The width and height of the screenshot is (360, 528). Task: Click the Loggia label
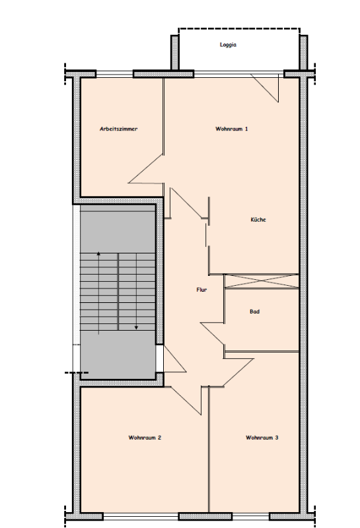(x=228, y=45)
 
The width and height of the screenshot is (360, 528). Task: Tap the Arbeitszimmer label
(x=119, y=129)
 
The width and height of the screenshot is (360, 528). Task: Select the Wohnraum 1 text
(x=232, y=129)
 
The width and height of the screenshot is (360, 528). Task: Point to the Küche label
(x=258, y=220)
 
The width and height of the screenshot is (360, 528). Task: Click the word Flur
(x=201, y=290)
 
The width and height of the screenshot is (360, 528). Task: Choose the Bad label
(x=254, y=312)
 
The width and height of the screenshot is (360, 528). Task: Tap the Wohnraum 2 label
(x=145, y=438)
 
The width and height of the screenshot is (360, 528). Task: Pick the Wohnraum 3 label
(x=262, y=438)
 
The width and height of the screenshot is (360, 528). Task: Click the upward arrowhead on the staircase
(x=98, y=253)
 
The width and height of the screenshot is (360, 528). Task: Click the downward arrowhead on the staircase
(x=136, y=327)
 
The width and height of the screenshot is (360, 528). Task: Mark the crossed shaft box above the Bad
(x=262, y=281)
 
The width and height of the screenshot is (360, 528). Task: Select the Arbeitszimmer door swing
(x=145, y=169)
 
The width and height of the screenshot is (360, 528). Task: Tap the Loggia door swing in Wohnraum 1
(x=265, y=88)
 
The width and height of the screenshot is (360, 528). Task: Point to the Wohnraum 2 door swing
(x=186, y=401)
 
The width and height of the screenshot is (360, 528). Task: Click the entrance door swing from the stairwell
(x=174, y=359)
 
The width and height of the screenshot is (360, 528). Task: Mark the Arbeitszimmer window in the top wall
(x=115, y=74)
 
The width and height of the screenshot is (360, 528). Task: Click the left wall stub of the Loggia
(x=174, y=53)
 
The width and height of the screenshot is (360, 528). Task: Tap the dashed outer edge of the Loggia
(x=239, y=29)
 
